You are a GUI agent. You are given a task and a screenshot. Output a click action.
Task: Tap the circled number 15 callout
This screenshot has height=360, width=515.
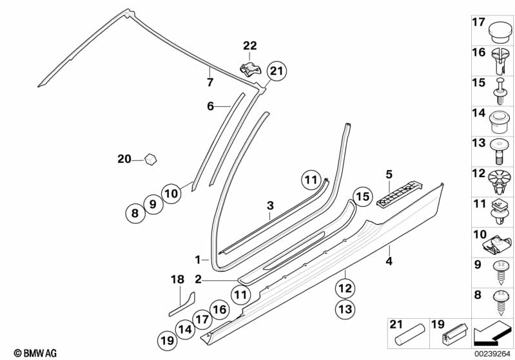point(363,196)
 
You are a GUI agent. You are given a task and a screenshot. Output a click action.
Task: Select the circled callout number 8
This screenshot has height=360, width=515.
point(135,213)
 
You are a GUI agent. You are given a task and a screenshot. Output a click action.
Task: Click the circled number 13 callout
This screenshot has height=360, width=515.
point(346,309)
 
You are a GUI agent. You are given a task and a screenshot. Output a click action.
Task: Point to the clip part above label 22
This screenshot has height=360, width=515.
point(249,66)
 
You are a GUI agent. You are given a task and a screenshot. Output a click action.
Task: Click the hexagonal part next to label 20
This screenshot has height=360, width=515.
point(150,158)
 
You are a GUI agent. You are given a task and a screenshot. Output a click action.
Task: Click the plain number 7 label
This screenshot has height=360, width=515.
point(209,82)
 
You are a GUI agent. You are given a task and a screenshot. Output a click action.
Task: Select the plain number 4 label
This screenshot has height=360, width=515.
point(389,261)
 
